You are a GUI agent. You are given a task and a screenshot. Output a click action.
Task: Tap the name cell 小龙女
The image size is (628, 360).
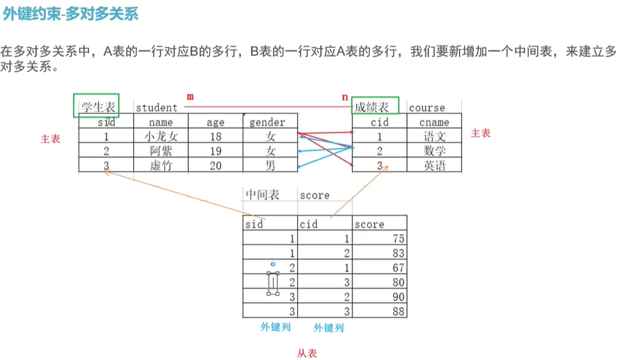pos(160,137)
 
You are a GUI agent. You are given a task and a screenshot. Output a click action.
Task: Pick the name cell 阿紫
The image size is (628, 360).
pos(160,151)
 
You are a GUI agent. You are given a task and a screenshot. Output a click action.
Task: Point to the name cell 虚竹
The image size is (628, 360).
pos(160,165)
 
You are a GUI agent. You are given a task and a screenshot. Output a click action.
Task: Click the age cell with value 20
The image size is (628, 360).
pos(215,165)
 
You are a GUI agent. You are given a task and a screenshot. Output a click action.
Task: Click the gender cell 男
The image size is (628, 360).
pos(270,165)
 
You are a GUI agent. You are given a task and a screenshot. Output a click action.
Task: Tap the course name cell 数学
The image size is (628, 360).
pos(434,151)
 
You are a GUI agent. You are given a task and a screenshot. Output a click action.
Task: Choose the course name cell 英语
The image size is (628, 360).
pos(434,165)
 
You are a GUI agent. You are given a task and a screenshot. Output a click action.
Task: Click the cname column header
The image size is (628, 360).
pos(434,122)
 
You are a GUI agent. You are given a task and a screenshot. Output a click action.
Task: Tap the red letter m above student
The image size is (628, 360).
pos(190,97)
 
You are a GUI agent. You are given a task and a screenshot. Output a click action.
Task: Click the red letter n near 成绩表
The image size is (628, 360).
pos(345,97)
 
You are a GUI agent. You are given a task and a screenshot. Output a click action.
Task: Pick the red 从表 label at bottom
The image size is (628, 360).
pos(307,353)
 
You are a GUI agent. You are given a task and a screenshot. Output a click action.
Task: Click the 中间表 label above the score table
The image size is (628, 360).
pos(263,195)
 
